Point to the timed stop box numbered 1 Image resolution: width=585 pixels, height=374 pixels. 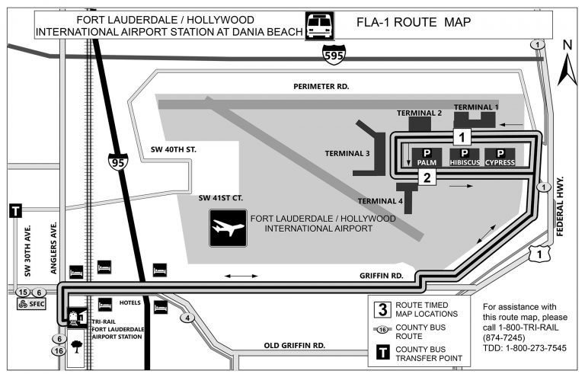tap(464, 137)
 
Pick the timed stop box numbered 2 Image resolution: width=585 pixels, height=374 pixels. tap(427, 177)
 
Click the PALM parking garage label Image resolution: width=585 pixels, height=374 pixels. tap(427, 162)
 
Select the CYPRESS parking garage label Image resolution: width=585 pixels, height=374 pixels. tap(500, 162)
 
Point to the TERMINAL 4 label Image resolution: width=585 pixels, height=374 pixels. tap(380, 201)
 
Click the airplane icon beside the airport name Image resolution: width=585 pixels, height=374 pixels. tap(228, 229)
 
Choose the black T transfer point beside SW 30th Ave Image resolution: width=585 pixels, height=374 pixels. tap(15, 211)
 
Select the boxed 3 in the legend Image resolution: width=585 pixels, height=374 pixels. tap(381, 309)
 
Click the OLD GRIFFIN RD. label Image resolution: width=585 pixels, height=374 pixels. tap(295, 345)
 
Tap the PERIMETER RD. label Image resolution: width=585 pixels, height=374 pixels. tap(321, 87)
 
